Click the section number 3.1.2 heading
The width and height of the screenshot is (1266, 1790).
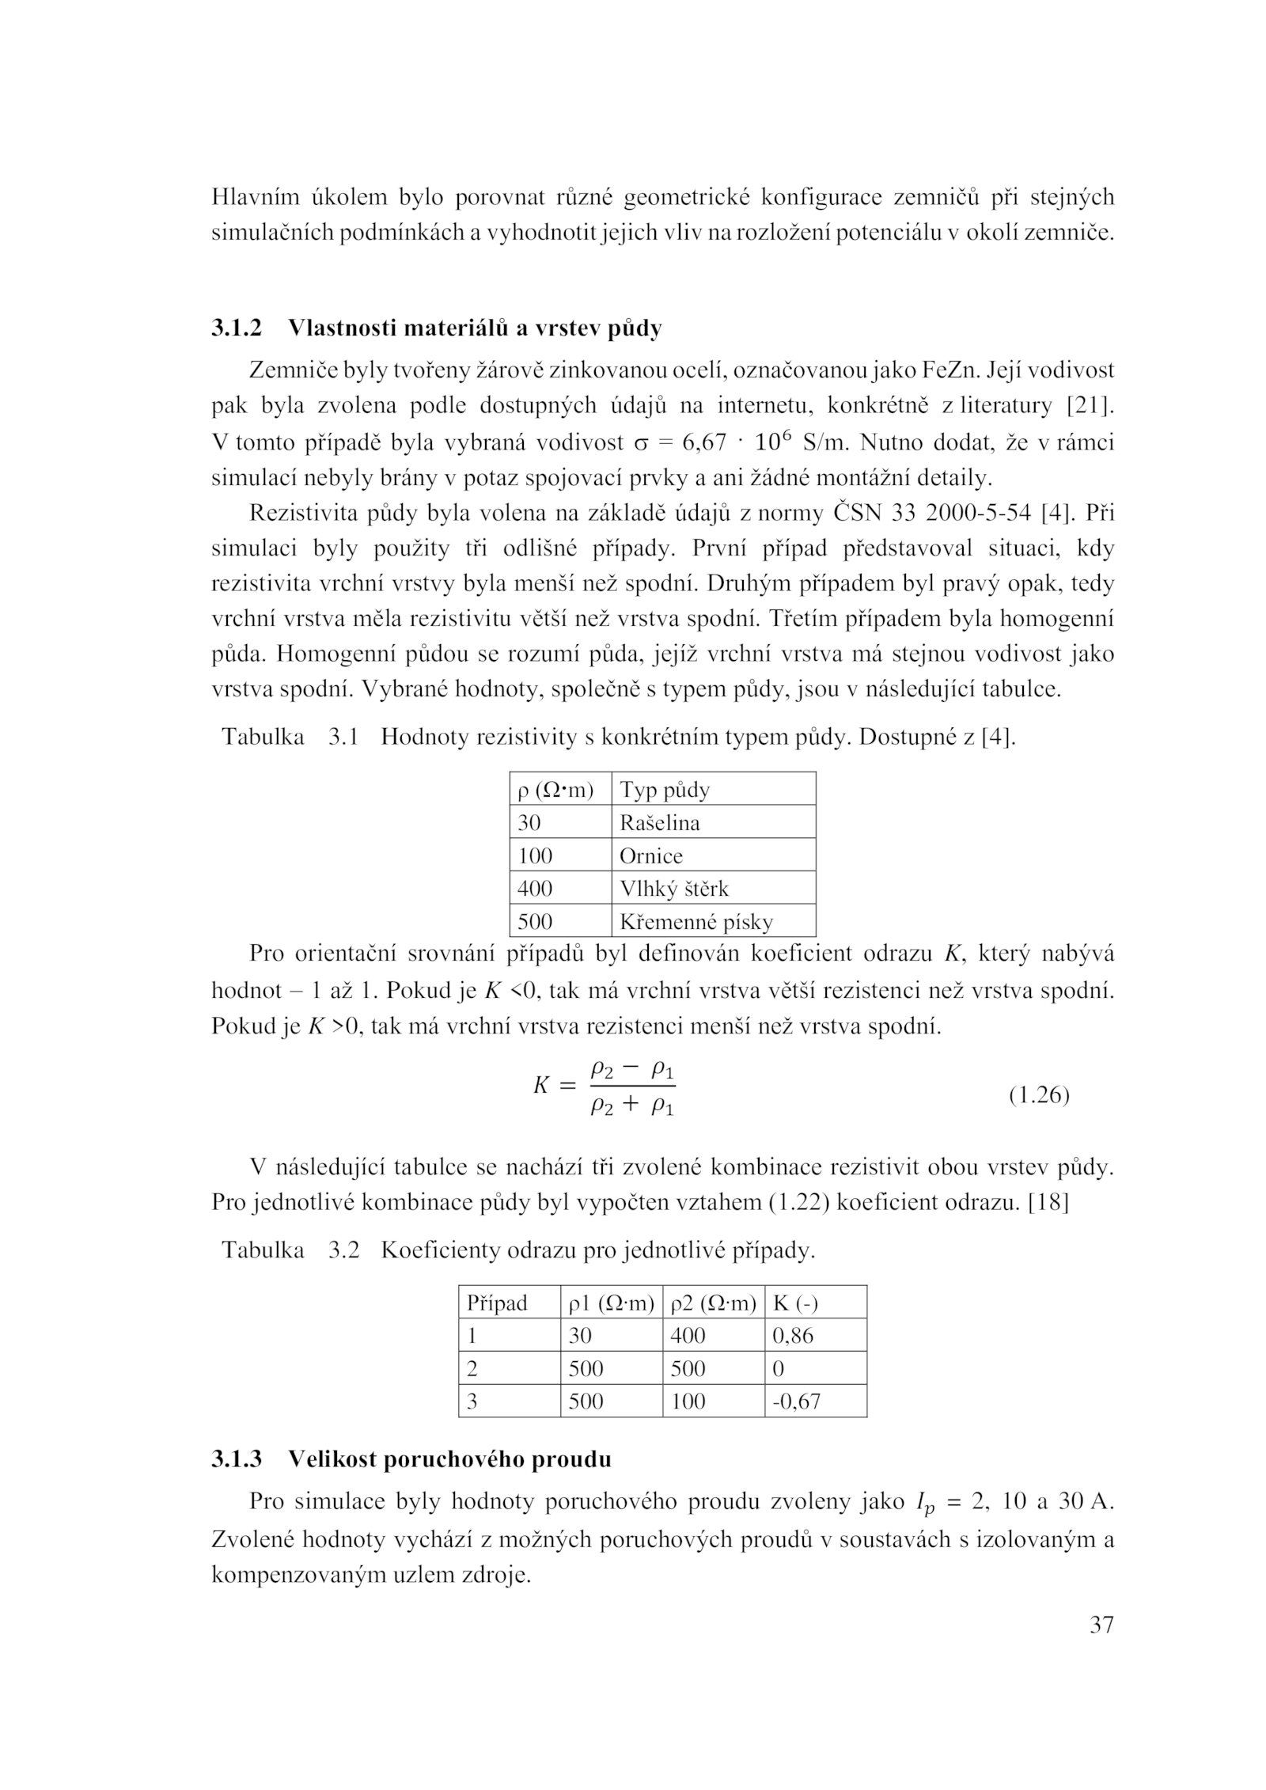236,328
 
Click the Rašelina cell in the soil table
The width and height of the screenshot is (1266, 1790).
659,823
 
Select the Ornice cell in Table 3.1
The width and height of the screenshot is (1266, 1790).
650,856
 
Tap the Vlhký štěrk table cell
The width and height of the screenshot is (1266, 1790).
673,889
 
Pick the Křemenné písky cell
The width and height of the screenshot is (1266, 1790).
696,922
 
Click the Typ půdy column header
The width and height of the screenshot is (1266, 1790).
665,790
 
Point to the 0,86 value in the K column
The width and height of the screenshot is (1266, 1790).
792,1336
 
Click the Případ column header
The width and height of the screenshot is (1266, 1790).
497,1303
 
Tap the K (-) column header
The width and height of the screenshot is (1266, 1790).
794,1303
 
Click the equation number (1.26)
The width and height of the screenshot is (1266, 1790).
1039,1096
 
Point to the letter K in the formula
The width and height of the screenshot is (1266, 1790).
541,1086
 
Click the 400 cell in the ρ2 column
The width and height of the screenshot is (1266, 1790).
688,1336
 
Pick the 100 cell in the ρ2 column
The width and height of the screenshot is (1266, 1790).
688,1401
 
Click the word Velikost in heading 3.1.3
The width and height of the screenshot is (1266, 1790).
328,1460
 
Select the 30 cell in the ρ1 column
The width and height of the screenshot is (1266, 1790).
580,1336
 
